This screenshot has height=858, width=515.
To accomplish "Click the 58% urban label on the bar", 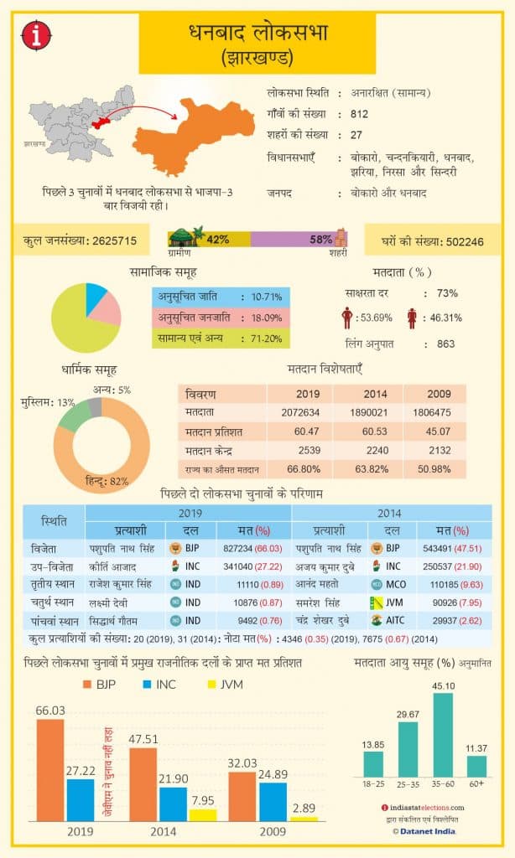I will pyautogui.click(x=320, y=239).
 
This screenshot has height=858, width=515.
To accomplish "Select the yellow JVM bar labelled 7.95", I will pyautogui.click(x=202, y=814).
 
